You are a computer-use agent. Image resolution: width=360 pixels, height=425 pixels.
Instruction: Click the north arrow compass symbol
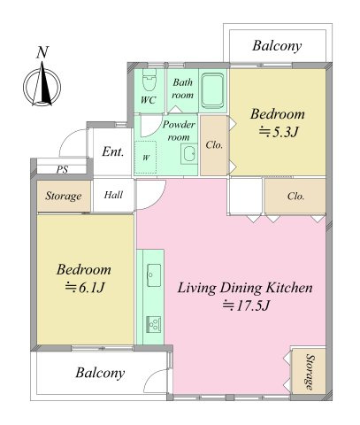point(42,86)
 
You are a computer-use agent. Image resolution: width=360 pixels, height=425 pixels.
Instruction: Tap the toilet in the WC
point(149,80)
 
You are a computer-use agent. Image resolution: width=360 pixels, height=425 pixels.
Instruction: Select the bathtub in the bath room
point(212,90)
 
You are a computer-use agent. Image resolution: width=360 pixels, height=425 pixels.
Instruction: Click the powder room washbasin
point(189,154)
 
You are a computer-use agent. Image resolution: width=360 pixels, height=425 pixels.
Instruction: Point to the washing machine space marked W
point(145,158)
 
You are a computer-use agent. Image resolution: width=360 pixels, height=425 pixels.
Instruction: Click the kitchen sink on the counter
point(154,275)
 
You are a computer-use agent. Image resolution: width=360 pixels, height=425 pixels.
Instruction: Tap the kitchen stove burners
point(154,324)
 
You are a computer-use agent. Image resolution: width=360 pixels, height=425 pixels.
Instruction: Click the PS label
point(62,169)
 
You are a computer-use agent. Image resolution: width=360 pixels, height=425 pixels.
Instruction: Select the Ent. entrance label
point(113,151)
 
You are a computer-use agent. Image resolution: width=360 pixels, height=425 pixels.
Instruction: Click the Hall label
point(113,195)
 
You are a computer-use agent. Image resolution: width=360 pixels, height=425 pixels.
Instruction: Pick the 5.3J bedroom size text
point(279,133)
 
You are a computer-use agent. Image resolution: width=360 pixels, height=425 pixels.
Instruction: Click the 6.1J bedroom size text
point(85,288)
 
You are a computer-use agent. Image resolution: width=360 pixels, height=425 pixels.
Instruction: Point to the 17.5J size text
point(246,305)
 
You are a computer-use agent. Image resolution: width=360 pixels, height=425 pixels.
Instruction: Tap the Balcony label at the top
point(277,46)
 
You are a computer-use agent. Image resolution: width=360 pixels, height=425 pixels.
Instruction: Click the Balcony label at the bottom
point(100,373)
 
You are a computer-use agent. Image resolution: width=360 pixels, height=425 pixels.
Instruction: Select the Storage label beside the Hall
point(64,196)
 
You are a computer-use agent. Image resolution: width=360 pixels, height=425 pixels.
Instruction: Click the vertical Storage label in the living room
point(310,372)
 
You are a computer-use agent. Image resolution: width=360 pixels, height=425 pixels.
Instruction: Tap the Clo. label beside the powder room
point(214,145)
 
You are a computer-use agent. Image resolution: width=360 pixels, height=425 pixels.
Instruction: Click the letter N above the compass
point(42,52)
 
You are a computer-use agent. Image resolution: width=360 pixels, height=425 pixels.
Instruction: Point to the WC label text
point(149,100)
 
